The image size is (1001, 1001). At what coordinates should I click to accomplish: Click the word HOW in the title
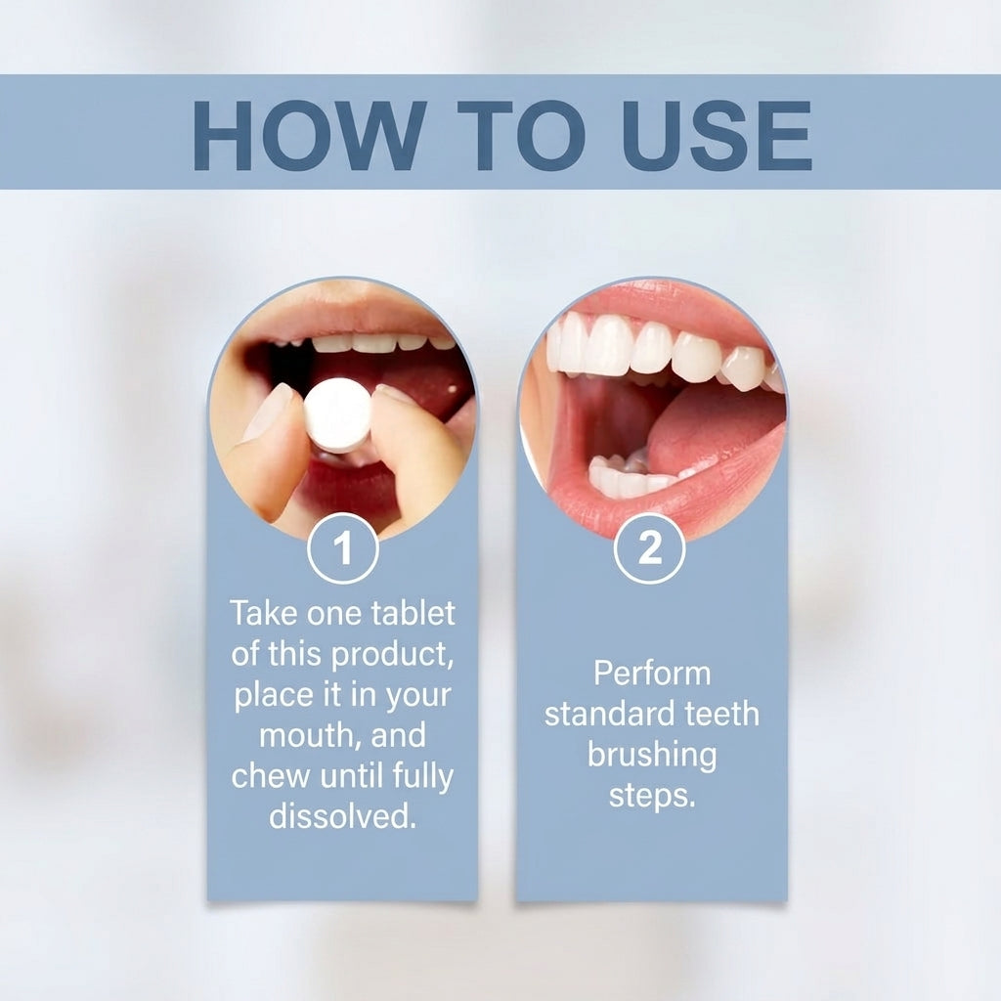click(x=309, y=135)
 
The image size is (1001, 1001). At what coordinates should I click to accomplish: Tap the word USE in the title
click(x=717, y=135)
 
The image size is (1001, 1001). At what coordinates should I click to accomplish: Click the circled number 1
click(x=343, y=547)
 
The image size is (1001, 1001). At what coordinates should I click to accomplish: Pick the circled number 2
click(x=649, y=547)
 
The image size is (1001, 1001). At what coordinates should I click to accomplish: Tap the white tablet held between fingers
click(x=337, y=414)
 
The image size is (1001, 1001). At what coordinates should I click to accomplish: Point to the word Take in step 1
click(x=264, y=613)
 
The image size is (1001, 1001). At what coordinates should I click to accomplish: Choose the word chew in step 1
click(x=271, y=776)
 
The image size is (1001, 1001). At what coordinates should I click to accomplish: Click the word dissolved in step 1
click(x=342, y=816)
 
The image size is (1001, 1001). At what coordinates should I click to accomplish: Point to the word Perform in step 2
click(x=652, y=674)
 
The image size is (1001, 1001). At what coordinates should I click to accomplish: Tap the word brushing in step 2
click(x=652, y=756)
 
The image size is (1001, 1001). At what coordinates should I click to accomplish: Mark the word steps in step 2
click(x=652, y=797)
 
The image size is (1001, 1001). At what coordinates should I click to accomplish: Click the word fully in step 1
click(x=422, y=777)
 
